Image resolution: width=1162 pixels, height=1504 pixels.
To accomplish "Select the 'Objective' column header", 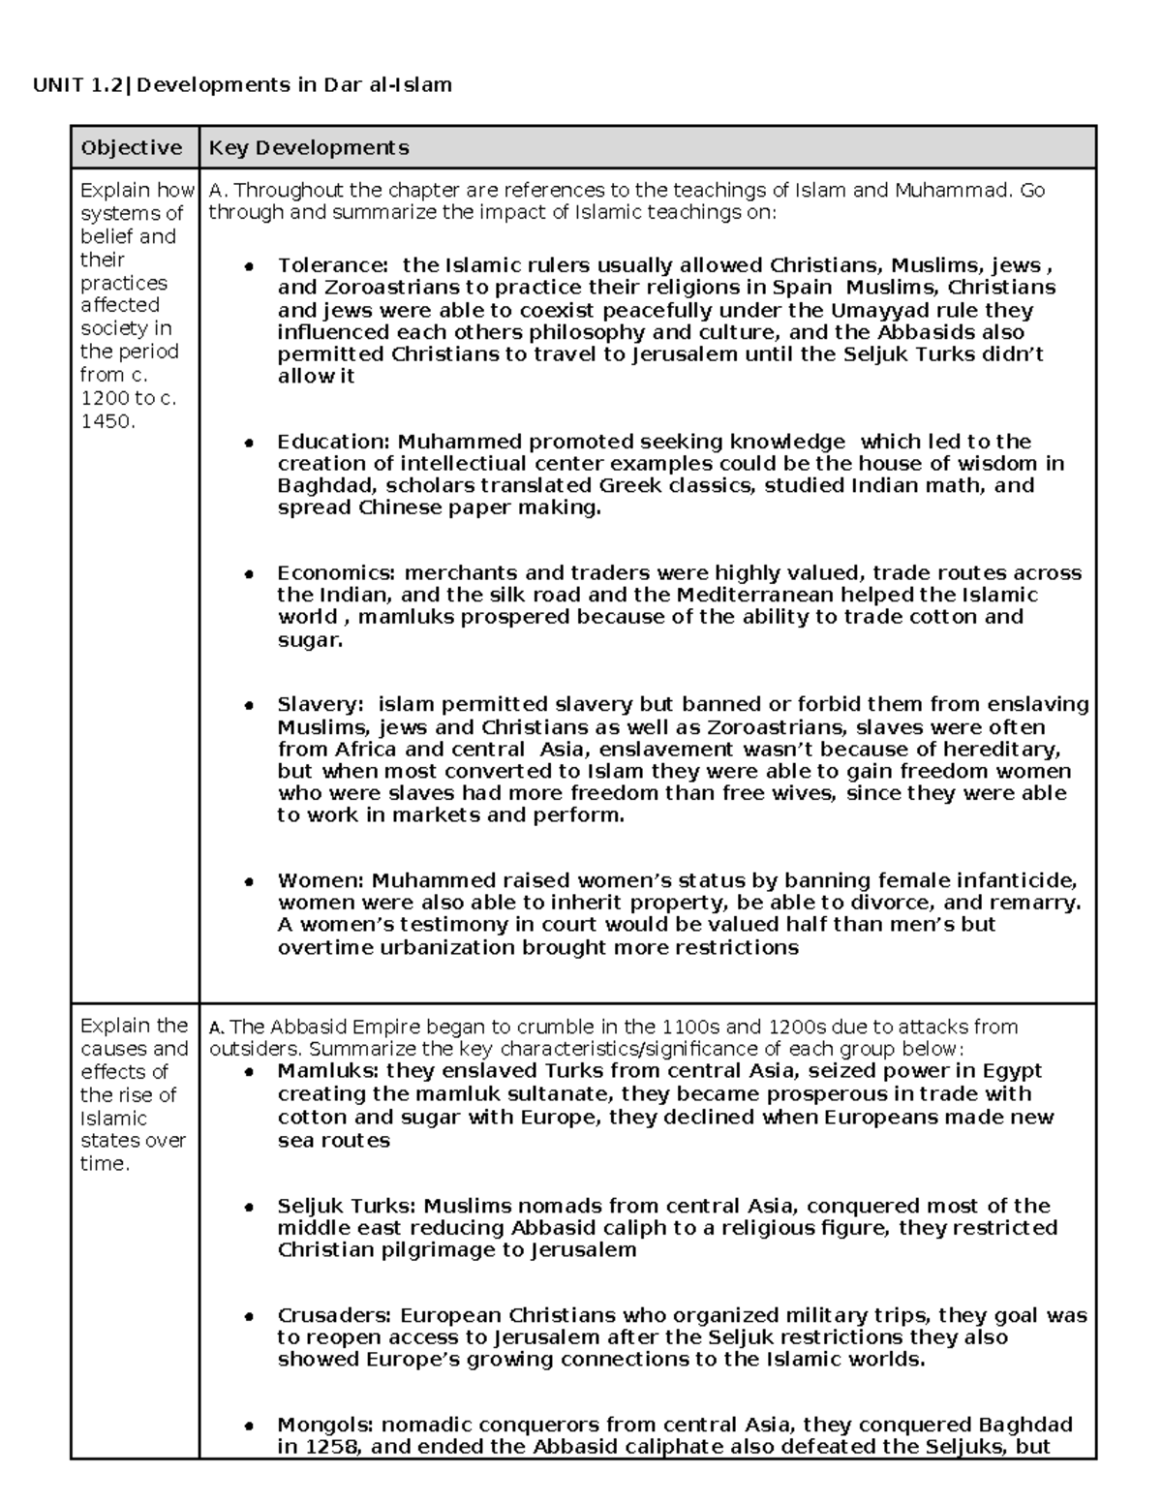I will tap(132, 148).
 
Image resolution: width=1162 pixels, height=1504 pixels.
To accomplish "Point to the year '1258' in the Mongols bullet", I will tap(330, 1448).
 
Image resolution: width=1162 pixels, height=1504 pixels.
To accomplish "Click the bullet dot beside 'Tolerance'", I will tap(249, 266).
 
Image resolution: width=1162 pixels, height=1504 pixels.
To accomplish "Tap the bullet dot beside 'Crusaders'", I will tap(249, 1317).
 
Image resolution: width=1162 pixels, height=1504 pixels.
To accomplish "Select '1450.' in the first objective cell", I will tap(107, 421).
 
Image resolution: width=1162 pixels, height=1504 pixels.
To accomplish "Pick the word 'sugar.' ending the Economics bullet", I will tap(310, 639).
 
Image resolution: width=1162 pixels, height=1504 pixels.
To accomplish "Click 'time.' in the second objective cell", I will tap(105, 1164).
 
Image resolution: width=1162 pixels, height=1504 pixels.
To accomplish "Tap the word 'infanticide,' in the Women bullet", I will tap(1018, 881).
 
